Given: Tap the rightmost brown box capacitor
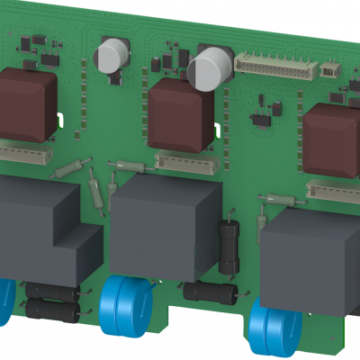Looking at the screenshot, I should tap(329, 140).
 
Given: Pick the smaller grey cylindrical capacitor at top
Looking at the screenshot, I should tap(112, 55).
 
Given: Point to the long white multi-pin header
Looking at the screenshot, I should tap(274, 62).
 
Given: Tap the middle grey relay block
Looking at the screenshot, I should tap(164, 225).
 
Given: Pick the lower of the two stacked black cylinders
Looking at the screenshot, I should tap(51, 310).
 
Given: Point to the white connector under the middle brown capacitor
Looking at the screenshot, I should tap(184, 162).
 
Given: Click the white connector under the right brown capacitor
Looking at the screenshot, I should tap(333, 190).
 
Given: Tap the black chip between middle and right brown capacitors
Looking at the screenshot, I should tap(262, 118).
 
